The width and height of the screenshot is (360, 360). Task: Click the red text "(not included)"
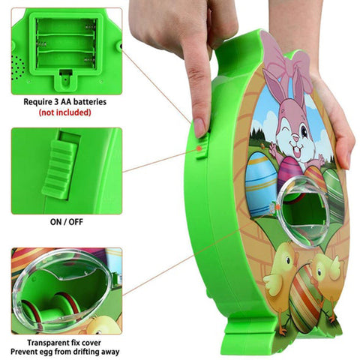click(64, 112)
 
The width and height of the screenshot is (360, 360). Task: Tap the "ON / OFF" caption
click(67, 222)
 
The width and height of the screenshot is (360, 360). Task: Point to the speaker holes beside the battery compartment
click(17, 67)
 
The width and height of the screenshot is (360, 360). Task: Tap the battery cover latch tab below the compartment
click(66, 79)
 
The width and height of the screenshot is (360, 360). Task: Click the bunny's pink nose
click(295, 138)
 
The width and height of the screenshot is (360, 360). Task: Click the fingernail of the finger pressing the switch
click(199, 127)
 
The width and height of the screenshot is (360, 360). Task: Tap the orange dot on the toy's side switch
click(199, 148)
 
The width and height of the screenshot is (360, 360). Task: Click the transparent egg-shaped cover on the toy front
click(302, 210)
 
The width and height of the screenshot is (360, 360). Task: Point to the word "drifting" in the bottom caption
click(85, 352)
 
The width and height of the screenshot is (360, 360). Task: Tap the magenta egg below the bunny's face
click(289, 172)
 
